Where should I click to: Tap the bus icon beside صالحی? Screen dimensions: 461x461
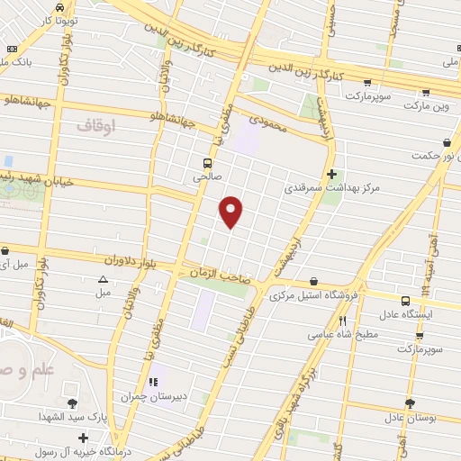[x=208, y=164]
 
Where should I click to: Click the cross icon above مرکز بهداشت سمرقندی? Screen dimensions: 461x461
[x=331, y=174]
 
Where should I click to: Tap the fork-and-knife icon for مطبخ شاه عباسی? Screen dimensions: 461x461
[x=342, y=321]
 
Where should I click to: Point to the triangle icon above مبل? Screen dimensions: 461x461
[x=104, y=280]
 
